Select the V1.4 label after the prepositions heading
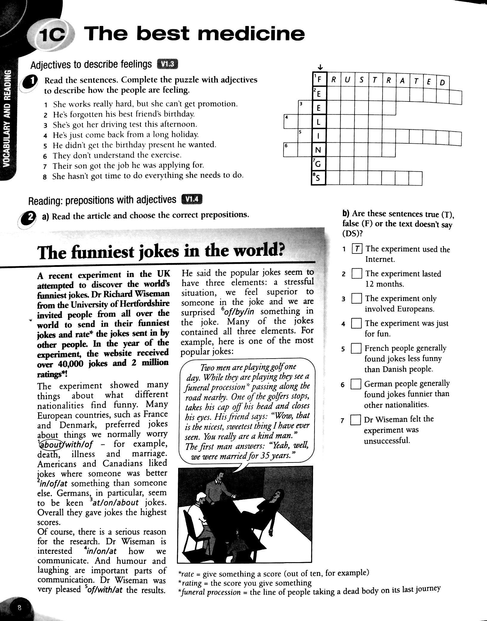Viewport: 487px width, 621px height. (x=192, y=200)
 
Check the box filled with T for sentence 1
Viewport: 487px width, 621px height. (x=357, y=249)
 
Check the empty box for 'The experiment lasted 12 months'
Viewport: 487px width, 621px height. (x=357, y=273)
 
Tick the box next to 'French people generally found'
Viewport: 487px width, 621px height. (x=356, y=348)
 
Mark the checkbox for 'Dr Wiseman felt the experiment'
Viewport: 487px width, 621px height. (x=355, y=420)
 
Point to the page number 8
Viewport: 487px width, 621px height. (x=19, y=608)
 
